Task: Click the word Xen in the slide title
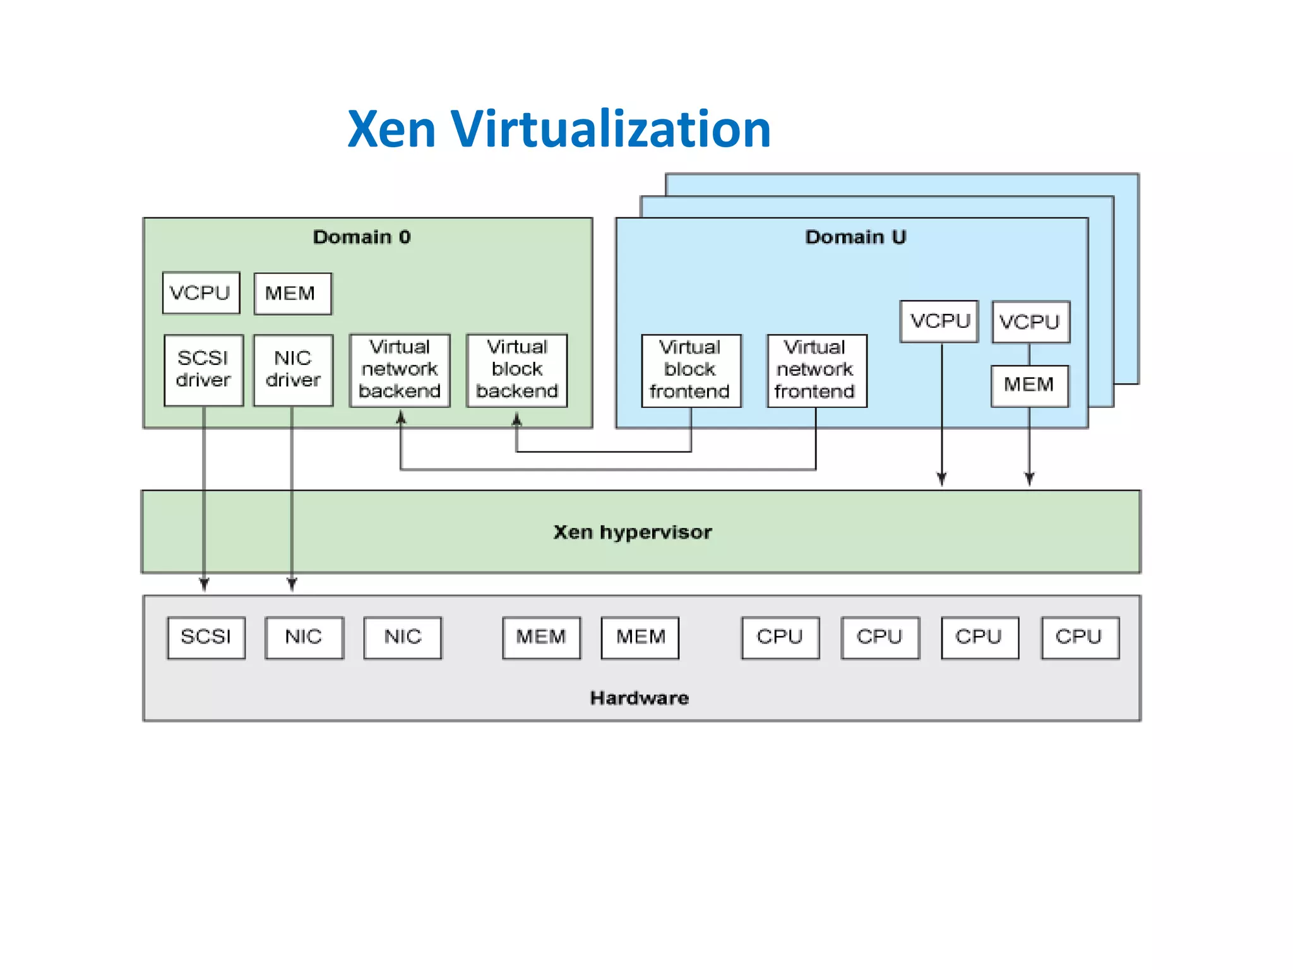click(391, 129)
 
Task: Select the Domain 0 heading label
click(362, 237)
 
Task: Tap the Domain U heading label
click(855, 237)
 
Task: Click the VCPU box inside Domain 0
click(201, 292)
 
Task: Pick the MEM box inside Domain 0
click(292, 294)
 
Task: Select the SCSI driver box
click(203, 369)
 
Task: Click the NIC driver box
click(293, 369)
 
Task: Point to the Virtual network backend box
click(400, 369)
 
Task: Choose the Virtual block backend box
click(516, 369)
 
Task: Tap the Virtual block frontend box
click(691, 370)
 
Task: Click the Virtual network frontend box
click(816, 370)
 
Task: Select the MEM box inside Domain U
click(1029, 385)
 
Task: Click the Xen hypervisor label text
click(633, 532)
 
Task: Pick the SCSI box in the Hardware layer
click(206, 637)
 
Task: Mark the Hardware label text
click(639, 698)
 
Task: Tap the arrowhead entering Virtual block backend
click(516, 418)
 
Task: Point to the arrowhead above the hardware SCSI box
click(204, 584)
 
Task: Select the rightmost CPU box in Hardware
click(1080, 637)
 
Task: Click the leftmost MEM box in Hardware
click(541, 637)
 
